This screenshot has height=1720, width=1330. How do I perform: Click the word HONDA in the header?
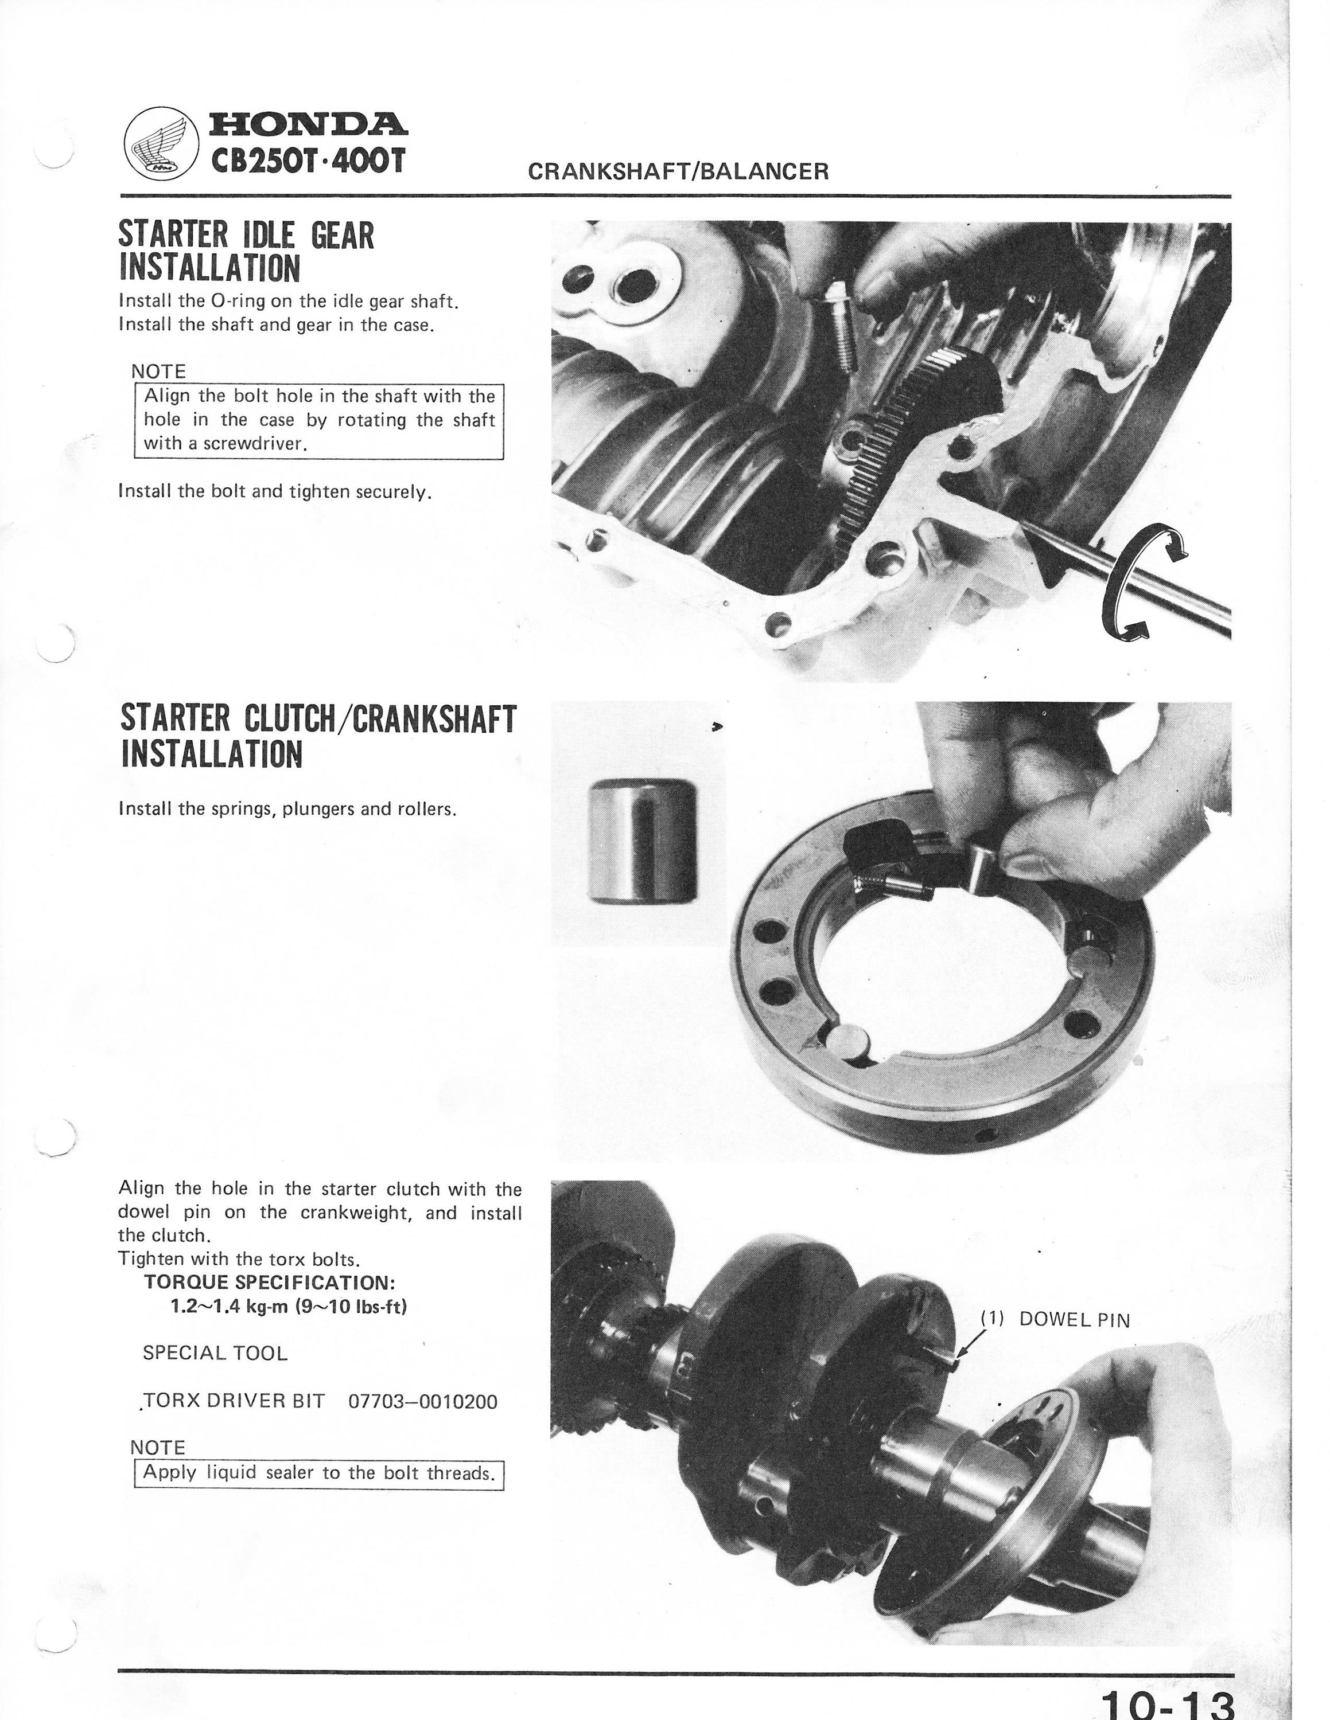(308, 124)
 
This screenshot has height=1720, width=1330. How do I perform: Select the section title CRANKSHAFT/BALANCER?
(678, 171)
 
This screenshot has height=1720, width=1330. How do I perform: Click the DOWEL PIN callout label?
(1055, 1319)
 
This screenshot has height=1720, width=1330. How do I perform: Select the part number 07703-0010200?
(423, 1401)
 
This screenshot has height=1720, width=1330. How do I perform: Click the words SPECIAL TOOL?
(215, 1353)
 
